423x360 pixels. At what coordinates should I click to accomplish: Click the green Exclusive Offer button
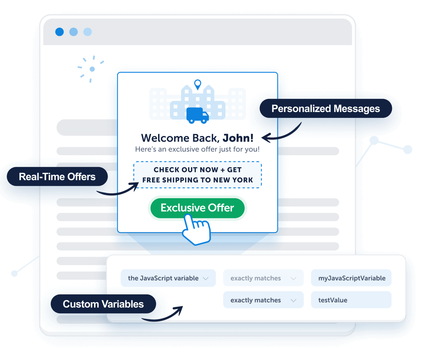[x=197, y=208]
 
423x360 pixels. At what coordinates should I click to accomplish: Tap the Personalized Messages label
[x=326, y=109]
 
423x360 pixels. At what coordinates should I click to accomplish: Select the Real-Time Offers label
[x=57, y=177]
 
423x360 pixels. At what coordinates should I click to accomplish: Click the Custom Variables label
[x=103, y=304]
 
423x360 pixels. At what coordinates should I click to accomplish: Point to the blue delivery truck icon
[x=197, y=115]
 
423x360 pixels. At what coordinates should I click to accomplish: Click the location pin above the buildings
[x=198, y=84]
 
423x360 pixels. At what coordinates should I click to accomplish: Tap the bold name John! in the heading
[x=238, y=138]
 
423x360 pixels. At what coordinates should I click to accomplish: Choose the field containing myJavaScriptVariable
[x=351, y=278]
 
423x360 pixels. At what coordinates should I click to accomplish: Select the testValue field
[x=351, y=300]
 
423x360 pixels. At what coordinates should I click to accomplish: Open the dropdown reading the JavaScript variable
[x=168, y=278]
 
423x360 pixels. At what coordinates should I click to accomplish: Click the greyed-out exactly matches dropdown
[x=263, y=278]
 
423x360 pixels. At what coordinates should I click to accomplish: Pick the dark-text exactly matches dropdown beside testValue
[x=263, y=300]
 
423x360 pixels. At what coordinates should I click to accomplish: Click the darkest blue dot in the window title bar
[x=60, y=32]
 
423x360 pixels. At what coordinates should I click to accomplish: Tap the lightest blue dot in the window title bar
[x=87, y=32]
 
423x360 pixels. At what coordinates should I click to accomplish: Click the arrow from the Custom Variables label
[x=163, y=315]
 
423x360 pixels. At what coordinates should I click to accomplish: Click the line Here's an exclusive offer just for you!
[x=197, y=149]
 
